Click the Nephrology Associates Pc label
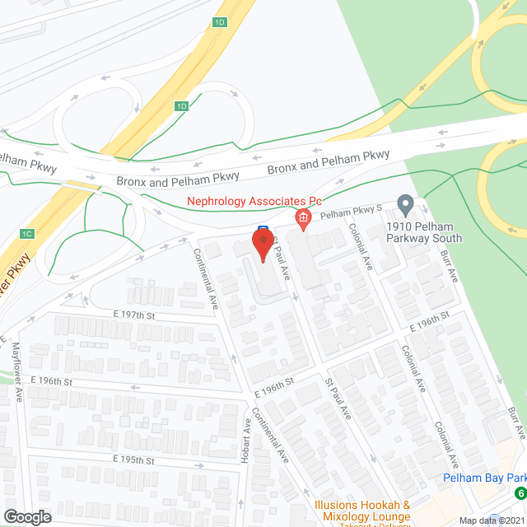tap(253, 201)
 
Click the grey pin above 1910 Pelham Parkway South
tap(404, 203)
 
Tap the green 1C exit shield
tap(27, 234)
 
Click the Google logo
tap(26, 516)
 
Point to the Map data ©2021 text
tap(492, 520)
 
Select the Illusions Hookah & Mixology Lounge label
tap(362, 511)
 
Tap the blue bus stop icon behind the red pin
tap(263, 230)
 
